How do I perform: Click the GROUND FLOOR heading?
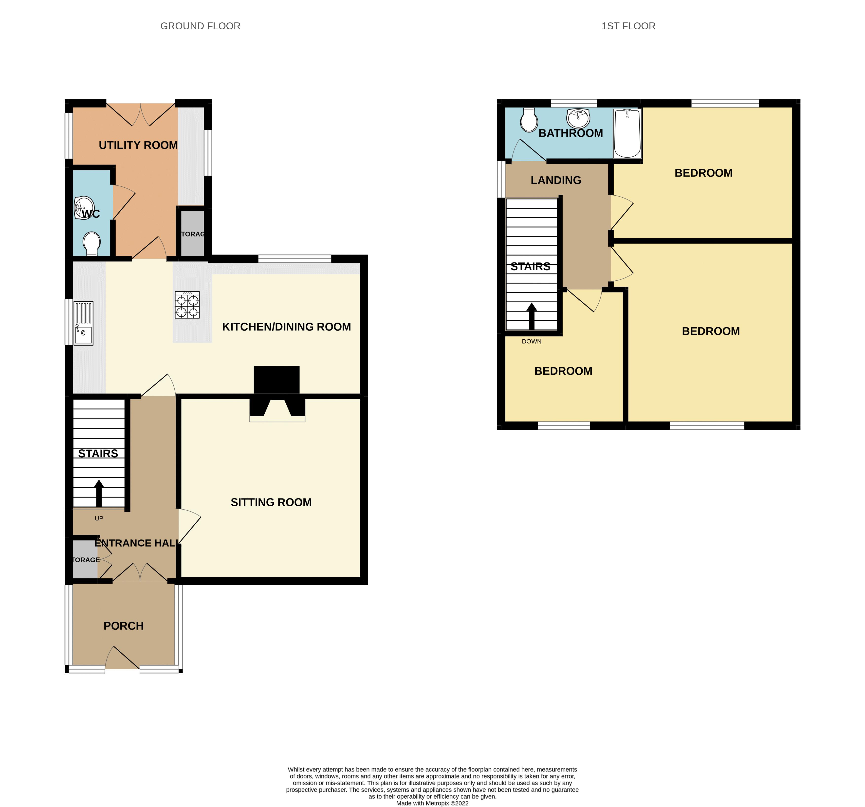point(200,26)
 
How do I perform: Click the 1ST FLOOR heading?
point(628,26)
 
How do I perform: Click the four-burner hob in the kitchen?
point(187,305)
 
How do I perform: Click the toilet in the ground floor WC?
point(92,244)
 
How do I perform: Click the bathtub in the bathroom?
point(627,134)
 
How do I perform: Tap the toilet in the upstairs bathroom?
point(529,120)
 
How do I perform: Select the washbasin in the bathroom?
point(578,117)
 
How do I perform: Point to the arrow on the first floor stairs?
point(531,316)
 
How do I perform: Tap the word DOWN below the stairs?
point(531,342)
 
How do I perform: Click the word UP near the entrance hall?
point(99,519)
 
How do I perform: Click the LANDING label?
point(556,180)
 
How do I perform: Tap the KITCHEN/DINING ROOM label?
point(286,327)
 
